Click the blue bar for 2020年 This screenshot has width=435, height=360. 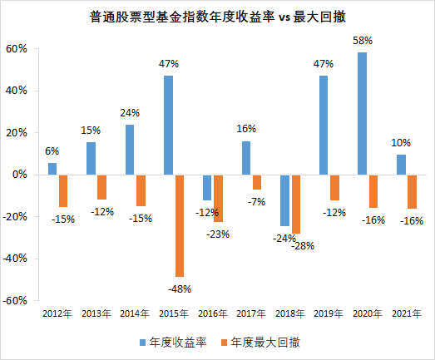[362, 114]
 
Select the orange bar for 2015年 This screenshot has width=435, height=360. [179, 225]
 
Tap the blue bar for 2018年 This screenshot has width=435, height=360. [285, 200]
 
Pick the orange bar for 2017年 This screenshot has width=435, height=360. [257, 182]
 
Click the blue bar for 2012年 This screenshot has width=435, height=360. [52, 169]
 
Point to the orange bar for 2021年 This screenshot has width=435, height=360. [412, 191]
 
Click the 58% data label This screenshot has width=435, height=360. [362, 40]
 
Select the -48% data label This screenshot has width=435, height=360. [180, 288]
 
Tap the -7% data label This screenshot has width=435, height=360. [258, 201]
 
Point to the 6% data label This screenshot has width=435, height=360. [52, 150]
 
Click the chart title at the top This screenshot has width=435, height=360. [217, 15]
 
